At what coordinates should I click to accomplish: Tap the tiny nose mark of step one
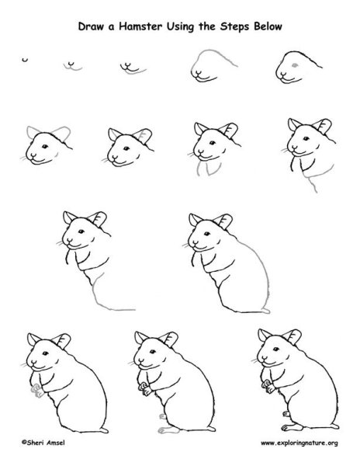coord(25,61)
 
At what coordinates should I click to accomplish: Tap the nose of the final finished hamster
coord(260,363)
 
